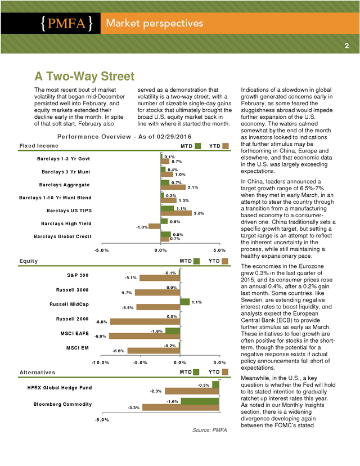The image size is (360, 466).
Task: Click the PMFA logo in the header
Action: [67, 23]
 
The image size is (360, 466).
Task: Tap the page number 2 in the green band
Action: [346, 46]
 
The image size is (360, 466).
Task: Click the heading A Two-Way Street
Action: [84, 76]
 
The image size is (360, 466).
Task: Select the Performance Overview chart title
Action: [124, 137]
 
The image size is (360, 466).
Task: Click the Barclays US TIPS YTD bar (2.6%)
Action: [176, 213]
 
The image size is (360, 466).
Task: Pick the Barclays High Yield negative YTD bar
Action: [155, 226]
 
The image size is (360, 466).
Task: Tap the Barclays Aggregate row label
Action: [65, 185]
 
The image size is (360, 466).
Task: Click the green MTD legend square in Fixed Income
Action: [198, 146]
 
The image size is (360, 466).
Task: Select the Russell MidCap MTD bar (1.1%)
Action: [184, 302]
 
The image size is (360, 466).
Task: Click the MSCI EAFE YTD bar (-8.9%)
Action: [145, 336]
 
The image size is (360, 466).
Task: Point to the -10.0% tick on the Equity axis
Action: [101, 362]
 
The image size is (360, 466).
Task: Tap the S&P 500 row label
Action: [78, 275]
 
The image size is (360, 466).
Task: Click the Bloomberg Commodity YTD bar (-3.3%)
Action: [181, 407]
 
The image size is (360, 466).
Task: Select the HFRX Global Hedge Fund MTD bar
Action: [215, 385]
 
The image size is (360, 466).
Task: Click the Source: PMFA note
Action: [209, 430]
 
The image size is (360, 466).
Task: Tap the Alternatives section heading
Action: [38, 373]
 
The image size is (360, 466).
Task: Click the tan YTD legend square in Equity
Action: [225, 261]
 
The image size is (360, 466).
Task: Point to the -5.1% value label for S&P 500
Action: [130, 278]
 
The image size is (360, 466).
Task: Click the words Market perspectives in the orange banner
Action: [155, 23]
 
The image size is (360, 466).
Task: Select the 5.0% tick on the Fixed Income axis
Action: [219, 250]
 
